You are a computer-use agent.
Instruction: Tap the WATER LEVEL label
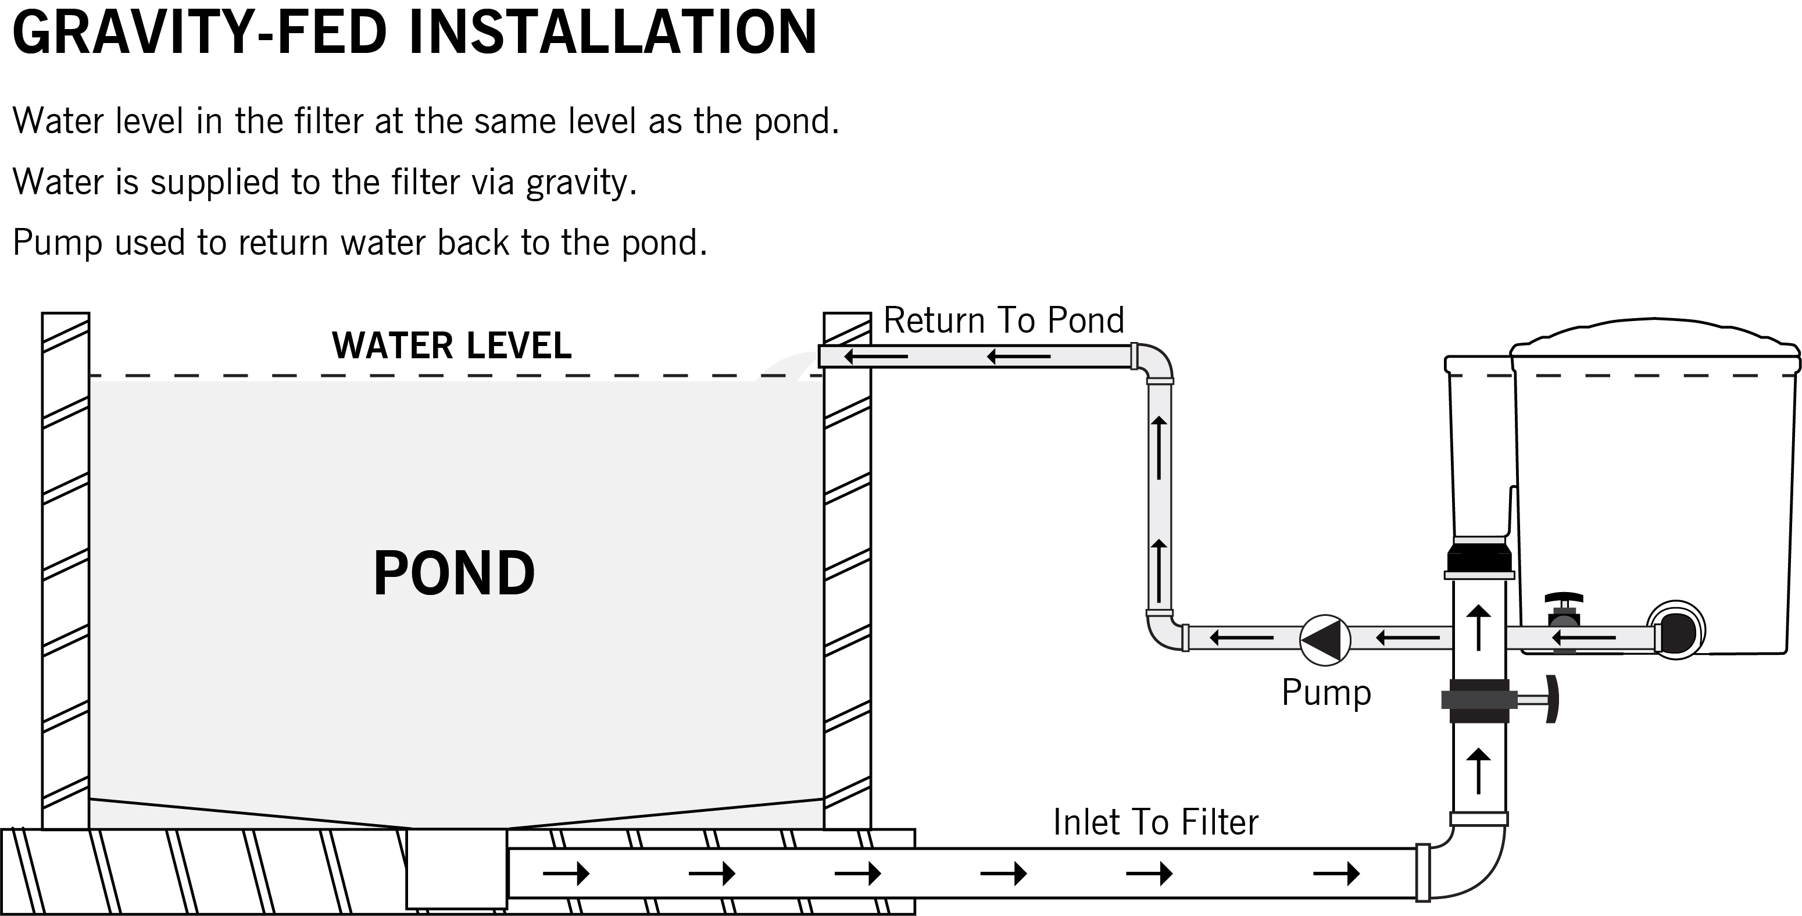coord(452,345)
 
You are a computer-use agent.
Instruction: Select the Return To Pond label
coord(1003,320)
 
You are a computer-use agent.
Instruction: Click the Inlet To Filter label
coord(1155,822)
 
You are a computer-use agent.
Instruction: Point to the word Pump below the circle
coord(1325,693)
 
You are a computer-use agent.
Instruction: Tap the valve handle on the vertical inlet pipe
coord(1551,699)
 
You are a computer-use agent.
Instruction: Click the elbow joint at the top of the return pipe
coord(1156,362)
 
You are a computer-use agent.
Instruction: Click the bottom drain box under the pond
coord(457,869)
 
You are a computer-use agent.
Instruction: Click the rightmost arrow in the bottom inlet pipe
coord(1336,874)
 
